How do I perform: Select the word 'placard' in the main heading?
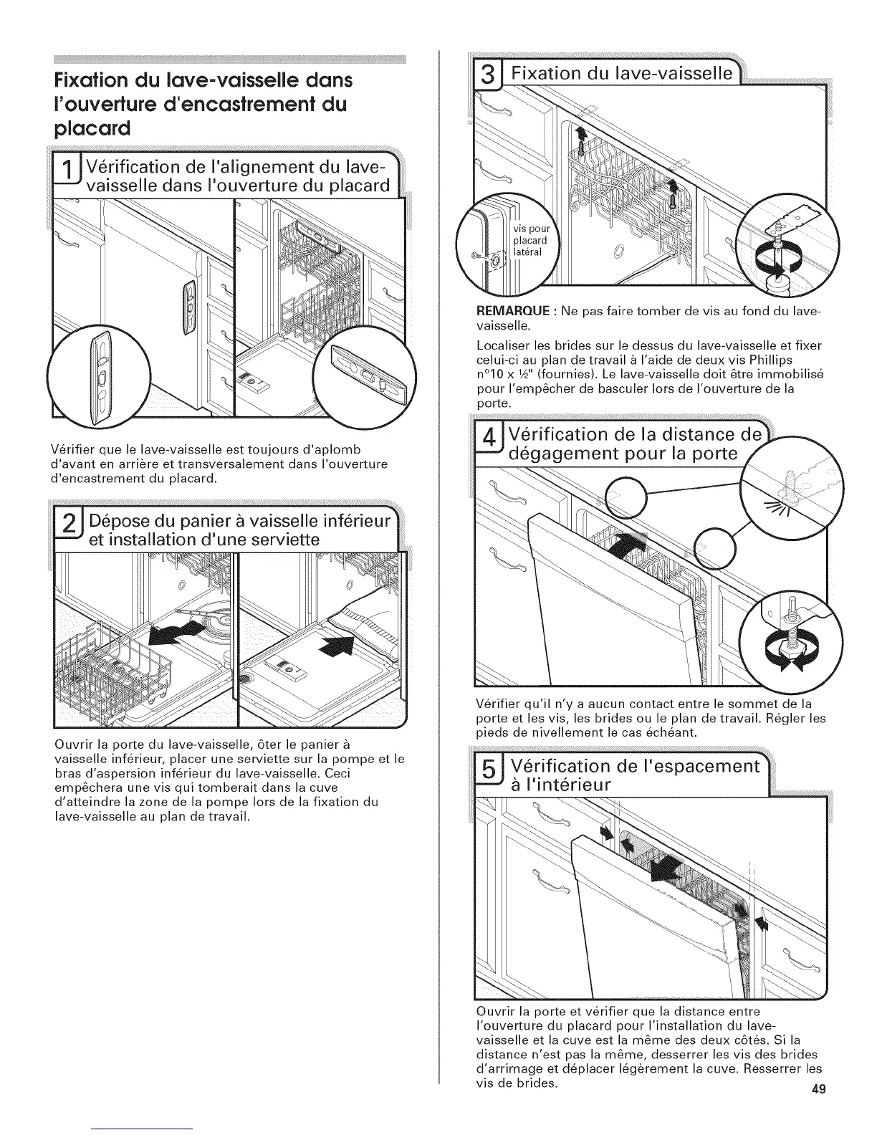90,130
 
